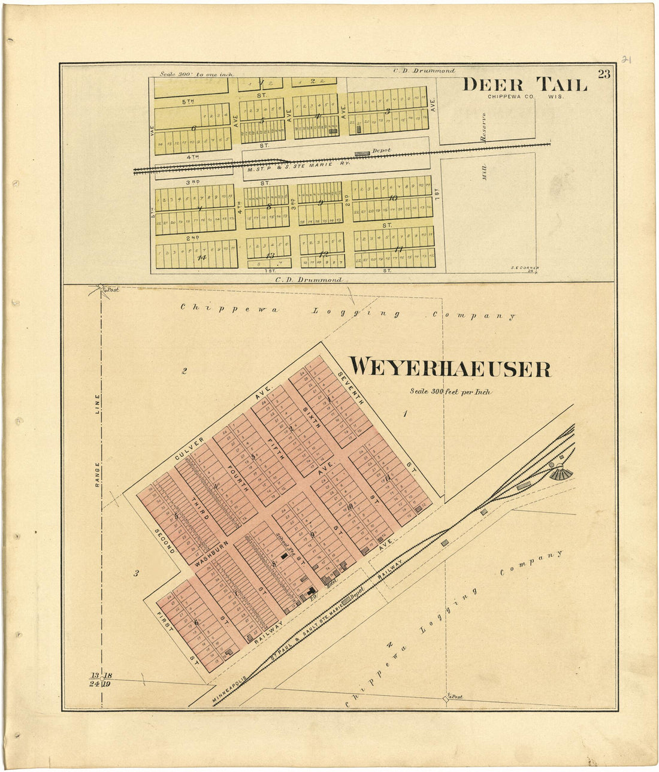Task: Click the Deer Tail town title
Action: pos(525,84)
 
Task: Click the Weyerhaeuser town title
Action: pos(450,368)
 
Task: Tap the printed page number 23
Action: pos(603,74)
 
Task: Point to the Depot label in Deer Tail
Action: pos(381,150)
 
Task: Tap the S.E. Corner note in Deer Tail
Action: pos(525,269)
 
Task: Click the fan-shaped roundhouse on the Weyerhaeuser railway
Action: pos(561,473)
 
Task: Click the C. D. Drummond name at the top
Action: pos(424,71)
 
